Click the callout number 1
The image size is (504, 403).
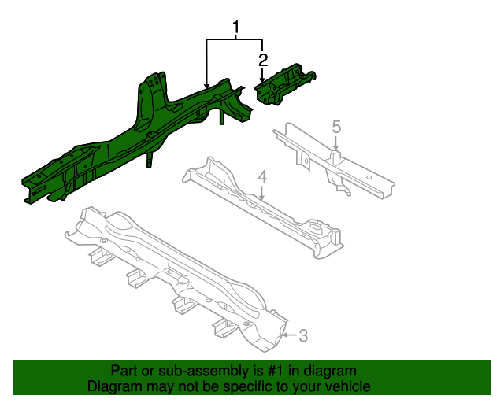coord(235,29)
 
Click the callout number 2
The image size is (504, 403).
coord(263,59)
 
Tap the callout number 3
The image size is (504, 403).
coord(303,336)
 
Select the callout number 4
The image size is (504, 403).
coord(263,177)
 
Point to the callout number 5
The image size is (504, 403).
coord(336,126)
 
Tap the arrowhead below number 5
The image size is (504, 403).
coord(336,147)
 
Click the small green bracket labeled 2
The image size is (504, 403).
coord(285,85)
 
